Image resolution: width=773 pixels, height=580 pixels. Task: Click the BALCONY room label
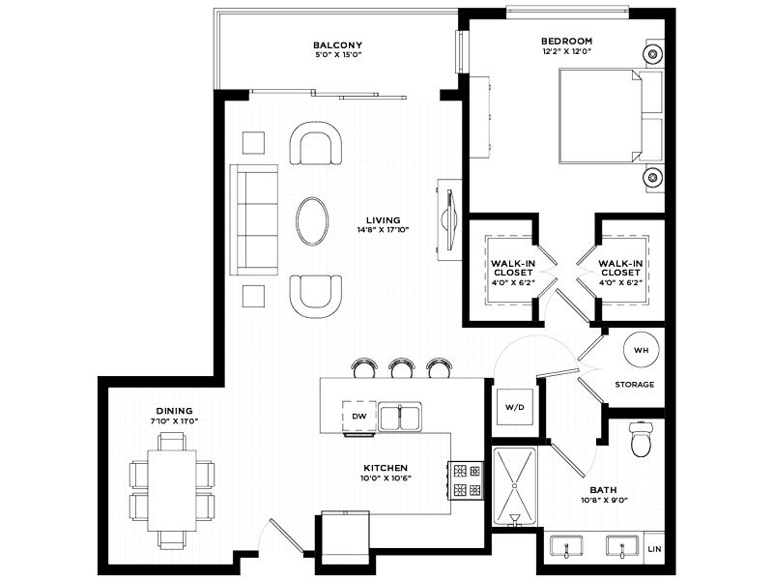[337, 44]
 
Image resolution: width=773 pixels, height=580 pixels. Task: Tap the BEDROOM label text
[566, 42]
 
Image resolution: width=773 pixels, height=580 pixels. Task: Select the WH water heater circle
[641, 350]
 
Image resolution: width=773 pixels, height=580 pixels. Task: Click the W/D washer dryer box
[515, 407]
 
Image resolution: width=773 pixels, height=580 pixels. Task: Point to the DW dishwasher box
[359, 416]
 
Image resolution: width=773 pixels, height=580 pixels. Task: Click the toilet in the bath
[641, 439]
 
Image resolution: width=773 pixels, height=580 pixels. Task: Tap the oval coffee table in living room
[312, 221]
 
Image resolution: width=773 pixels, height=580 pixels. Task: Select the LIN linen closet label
[655, 549]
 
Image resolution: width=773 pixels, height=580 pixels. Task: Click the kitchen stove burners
[467, 480]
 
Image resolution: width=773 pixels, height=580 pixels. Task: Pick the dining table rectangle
[172, 490]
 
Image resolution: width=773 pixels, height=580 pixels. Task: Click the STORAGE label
[635, 384]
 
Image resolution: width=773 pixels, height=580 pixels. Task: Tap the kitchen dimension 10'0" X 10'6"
[386, 478]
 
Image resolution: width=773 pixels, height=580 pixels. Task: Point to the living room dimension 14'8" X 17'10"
[384, 229]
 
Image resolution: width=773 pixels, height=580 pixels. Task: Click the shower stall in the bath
[515, 486]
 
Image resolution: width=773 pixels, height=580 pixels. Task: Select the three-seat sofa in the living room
[254, 220]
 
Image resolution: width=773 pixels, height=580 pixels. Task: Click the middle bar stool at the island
[401, 368]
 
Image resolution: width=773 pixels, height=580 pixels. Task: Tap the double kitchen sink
[400, 418]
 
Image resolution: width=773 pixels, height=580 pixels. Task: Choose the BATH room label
[603, 490]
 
